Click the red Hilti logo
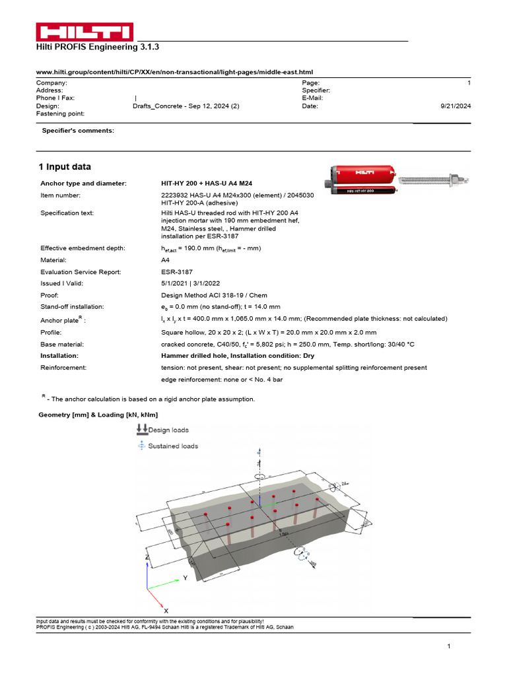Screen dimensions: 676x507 click(84, 32)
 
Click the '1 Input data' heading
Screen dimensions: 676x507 click(65, 167)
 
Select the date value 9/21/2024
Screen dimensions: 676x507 click(455, 106)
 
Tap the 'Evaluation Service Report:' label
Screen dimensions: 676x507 click(80, 271)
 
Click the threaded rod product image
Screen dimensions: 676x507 click(436, 178)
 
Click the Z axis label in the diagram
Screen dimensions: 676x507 click(147, 557)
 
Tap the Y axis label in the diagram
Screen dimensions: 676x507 click(186, 578)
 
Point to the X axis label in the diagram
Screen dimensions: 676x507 click(166, 611)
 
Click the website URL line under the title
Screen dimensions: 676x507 click(174, 71)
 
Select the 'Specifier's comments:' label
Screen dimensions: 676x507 click(78, 131)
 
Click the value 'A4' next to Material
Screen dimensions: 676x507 click(166, 259)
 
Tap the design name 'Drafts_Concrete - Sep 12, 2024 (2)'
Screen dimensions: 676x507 click(186, 106)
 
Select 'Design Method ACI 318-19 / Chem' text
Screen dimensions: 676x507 click(214, 295)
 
